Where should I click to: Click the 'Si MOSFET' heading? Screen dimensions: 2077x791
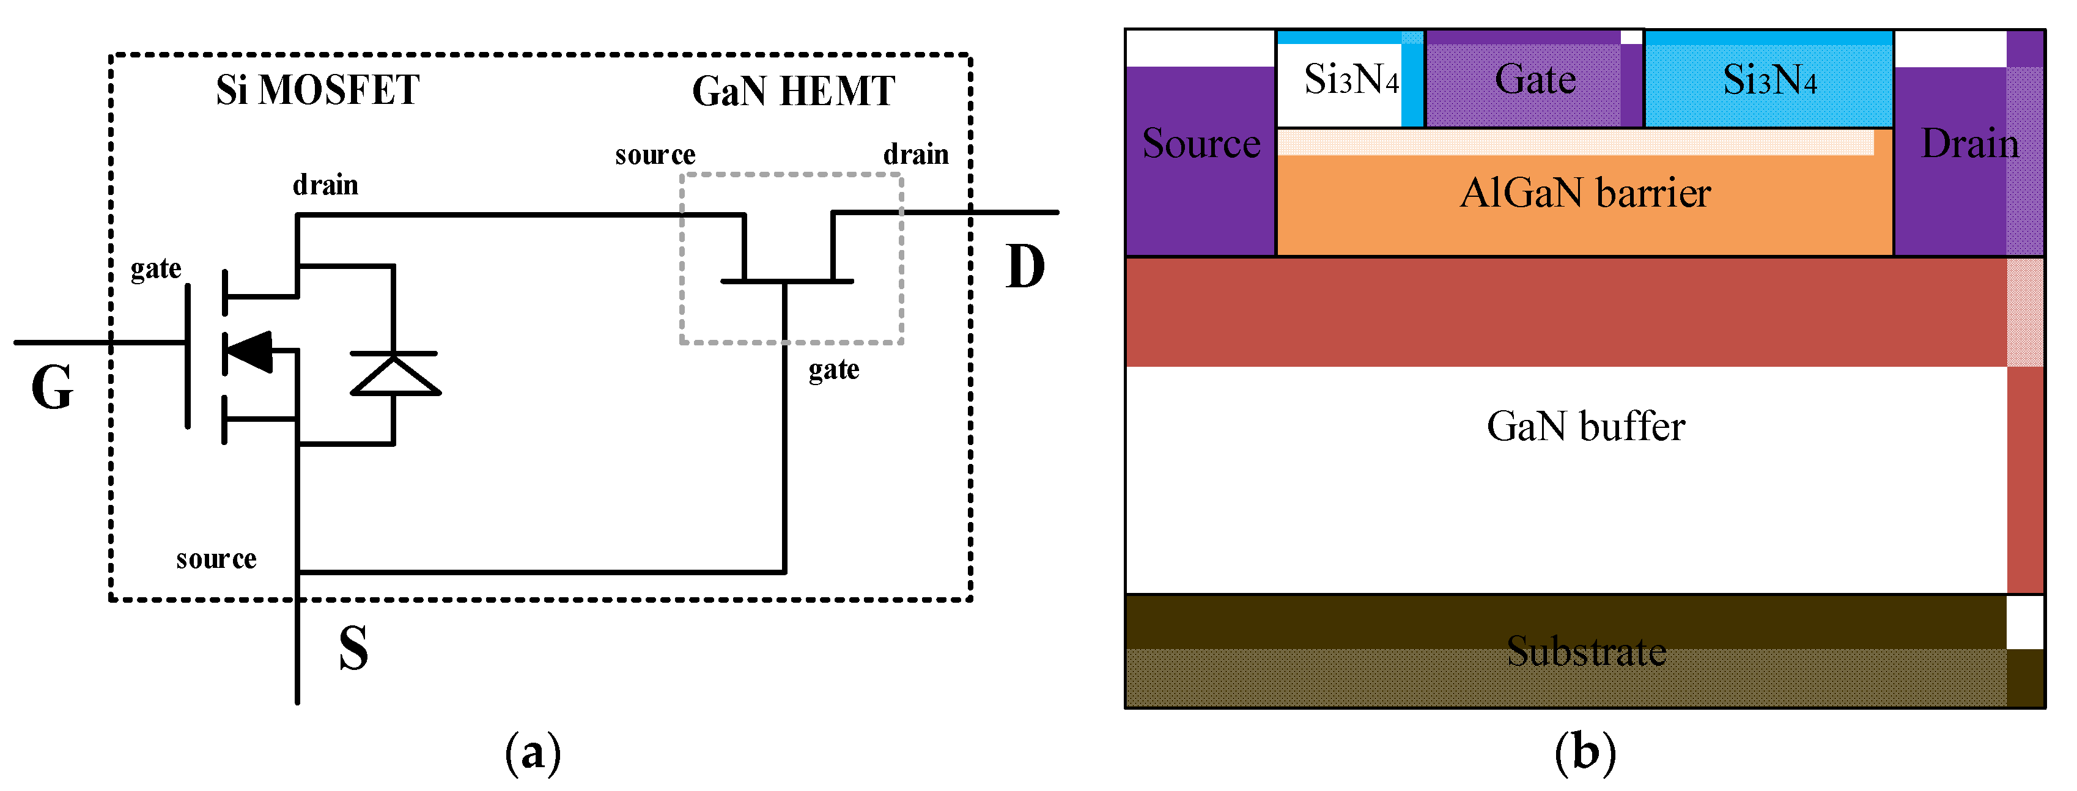[x=318, y=89]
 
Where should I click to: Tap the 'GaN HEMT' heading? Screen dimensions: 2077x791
[x=794, y=91]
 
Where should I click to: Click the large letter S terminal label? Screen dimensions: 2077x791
[x=353, y=649]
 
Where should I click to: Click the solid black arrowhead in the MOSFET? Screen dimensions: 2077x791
[x=249, y=352]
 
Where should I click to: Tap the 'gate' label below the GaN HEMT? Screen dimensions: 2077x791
[x=834, y=370]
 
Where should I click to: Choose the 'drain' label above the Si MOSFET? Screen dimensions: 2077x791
[x=325, y=185]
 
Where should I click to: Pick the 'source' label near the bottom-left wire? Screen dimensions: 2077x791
[x=216, y=559]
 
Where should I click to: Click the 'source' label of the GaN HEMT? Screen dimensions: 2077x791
[x=655, y=154]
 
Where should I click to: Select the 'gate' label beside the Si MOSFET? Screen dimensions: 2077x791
[x=156, y=268]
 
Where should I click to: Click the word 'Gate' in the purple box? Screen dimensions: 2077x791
[x=1535, y=80]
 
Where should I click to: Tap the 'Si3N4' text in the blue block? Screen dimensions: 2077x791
[x=1770, y=80]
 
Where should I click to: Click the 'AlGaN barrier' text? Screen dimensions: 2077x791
[x=1585, y=194]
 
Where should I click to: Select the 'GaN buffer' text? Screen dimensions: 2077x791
[x=1585, y=427]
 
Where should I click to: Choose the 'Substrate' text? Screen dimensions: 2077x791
[x=1586, y=652]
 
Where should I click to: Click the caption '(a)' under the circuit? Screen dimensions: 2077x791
[x=532, y=753]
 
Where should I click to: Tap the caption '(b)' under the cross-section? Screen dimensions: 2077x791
[x=1585, y=753]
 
